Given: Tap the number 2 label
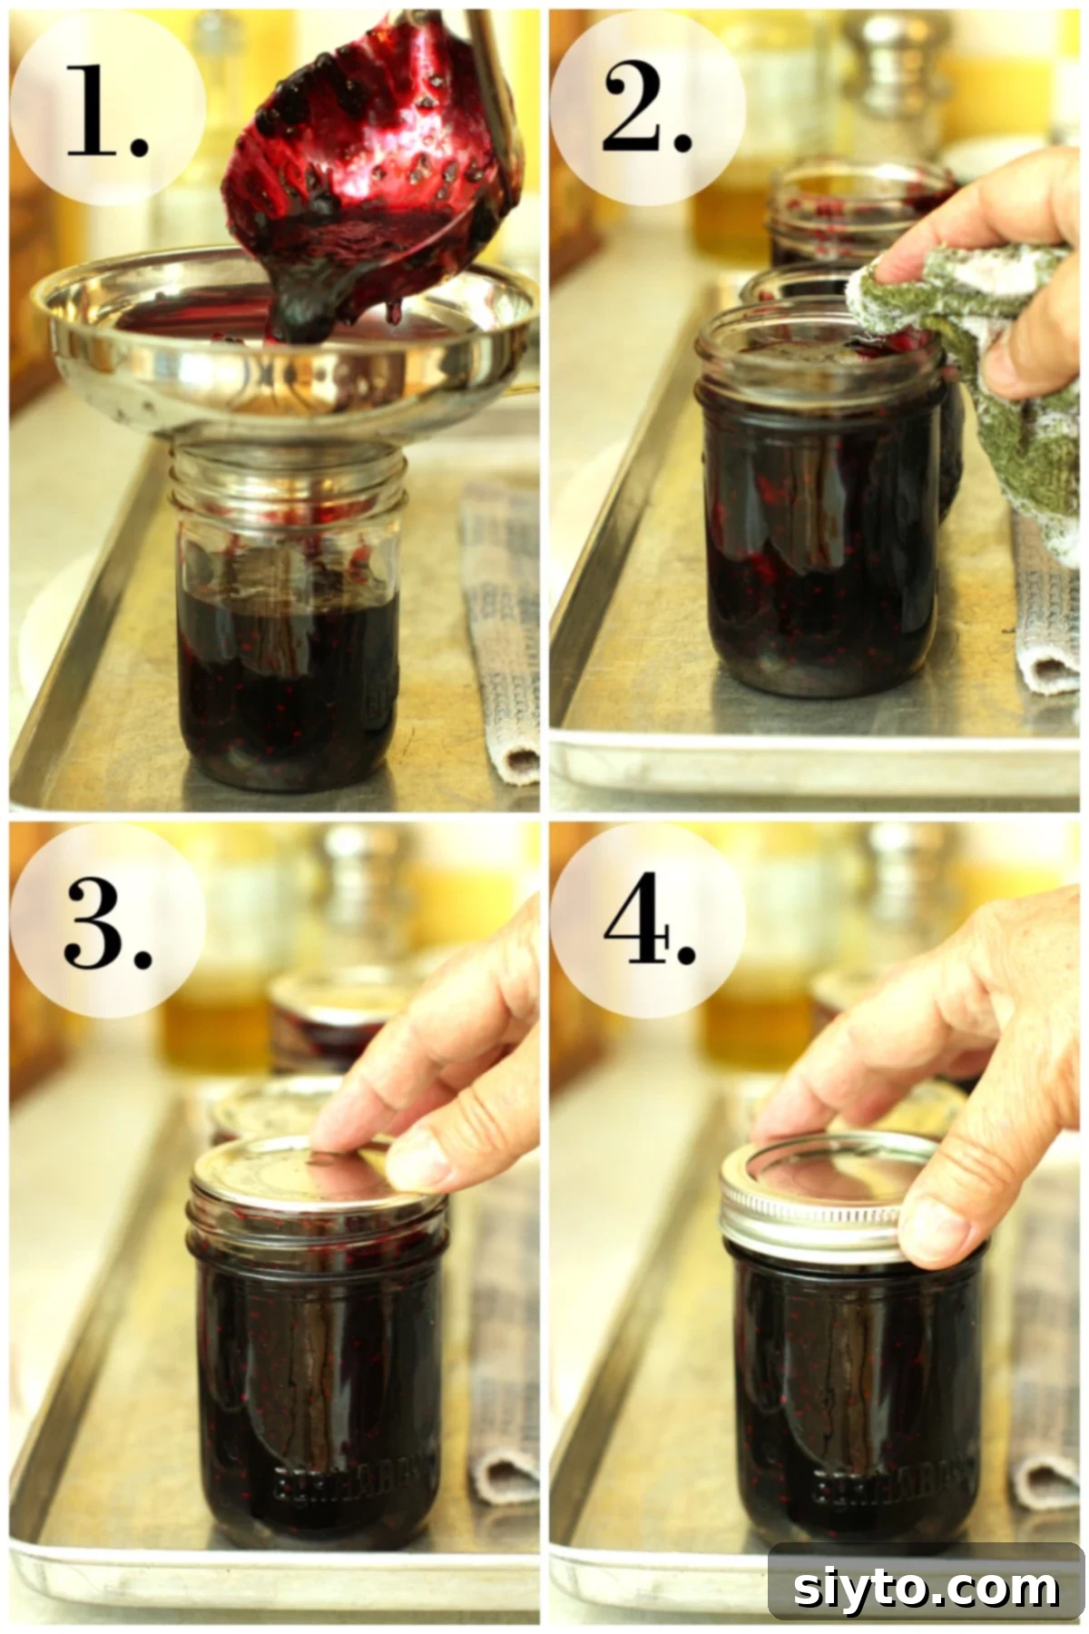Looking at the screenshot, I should (x=646, y=107).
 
